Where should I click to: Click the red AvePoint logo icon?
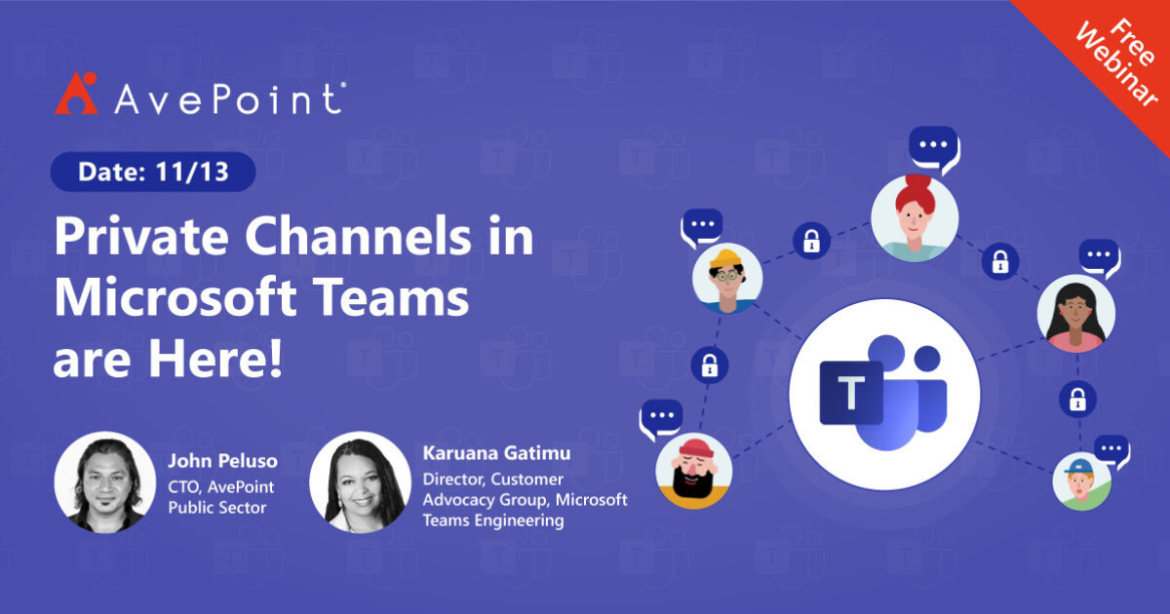[x=76, y=94]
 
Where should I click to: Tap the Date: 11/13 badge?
[x=153, y=173]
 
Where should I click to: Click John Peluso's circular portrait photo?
[x=104, y=482]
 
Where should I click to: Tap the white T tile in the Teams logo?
[x=851, y=393]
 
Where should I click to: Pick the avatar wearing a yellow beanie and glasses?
[x=726, y=278]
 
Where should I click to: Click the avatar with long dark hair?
[x=1076, y=314]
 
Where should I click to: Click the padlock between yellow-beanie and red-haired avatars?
[x=811, y=240]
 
